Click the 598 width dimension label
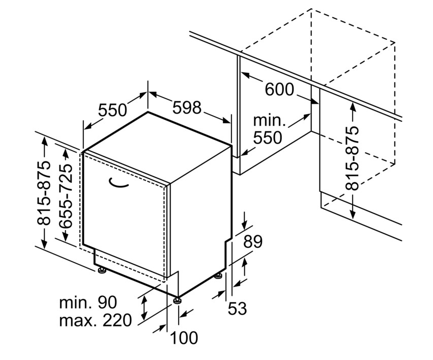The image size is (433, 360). [x=187, y=107]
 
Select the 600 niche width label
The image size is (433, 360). [x=279, y=89]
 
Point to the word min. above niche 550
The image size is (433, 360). [x=269, y=121]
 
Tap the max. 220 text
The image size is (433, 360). [x=95, y=320]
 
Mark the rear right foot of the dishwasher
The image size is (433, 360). [x=219, y=275]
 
